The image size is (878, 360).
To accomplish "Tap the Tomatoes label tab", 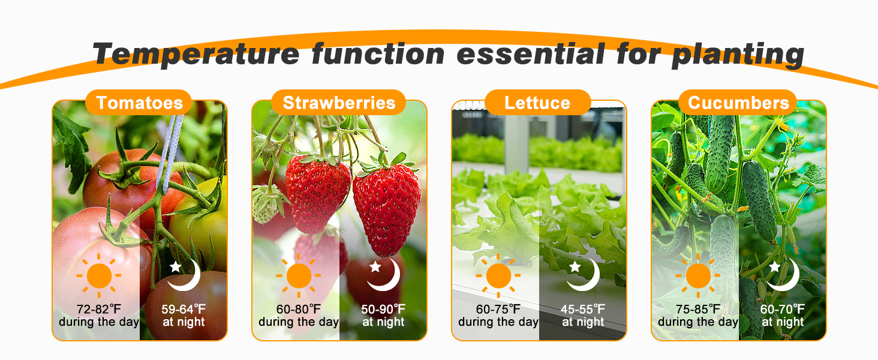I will coord(139,103).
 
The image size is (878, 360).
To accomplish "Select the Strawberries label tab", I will coord(339,103).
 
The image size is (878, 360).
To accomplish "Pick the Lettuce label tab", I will coord(537,103).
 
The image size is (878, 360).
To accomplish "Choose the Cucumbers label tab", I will coord(738,103).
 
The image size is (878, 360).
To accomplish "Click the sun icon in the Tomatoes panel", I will coord(99,276).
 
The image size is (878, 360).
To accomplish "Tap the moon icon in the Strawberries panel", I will coord(384,274).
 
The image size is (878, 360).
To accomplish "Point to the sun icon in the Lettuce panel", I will coord(498,276).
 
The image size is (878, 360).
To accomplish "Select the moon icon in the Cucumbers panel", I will coord(783,274).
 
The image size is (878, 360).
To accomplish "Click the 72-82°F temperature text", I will coord(99,310).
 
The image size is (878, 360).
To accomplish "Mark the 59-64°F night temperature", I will coord(184,310).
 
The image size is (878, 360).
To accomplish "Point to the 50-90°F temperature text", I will coord(383,310).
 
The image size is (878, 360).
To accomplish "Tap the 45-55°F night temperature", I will coord(583,310).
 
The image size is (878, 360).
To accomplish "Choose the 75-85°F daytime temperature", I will coord(698,310).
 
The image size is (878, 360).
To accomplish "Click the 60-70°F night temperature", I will coord(783,310).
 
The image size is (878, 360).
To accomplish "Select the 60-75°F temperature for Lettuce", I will coord(498,310).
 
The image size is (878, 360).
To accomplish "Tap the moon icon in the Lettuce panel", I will coord(584,274).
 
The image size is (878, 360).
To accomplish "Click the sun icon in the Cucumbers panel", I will coord(698,276).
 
